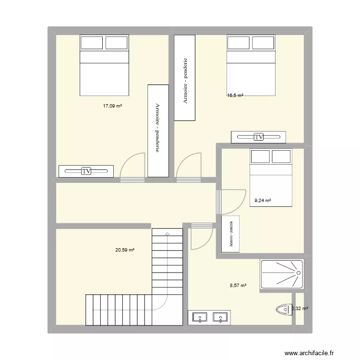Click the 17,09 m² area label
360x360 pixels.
coord(112,106)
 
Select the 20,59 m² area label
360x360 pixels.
coord(124,250)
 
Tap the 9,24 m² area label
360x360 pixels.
coord(263,201)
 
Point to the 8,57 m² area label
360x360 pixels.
coord(238,285)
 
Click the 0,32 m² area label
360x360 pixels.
coord(300,309)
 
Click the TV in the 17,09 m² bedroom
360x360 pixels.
coord(86,171)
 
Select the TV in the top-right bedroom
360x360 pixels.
coord(259,137)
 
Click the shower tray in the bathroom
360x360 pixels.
coord(282,274)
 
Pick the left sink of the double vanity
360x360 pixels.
coord(199,317)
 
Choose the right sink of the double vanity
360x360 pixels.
coord(220,317)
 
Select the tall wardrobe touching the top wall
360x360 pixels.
coord(185,78)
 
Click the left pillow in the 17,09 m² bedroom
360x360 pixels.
coord(92,43)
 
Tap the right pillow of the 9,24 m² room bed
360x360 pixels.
coord(281,156)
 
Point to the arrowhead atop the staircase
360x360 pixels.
coord(167,233)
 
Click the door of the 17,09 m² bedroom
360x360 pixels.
coord(132,167)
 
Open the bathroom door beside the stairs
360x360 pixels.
coord(202,237)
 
